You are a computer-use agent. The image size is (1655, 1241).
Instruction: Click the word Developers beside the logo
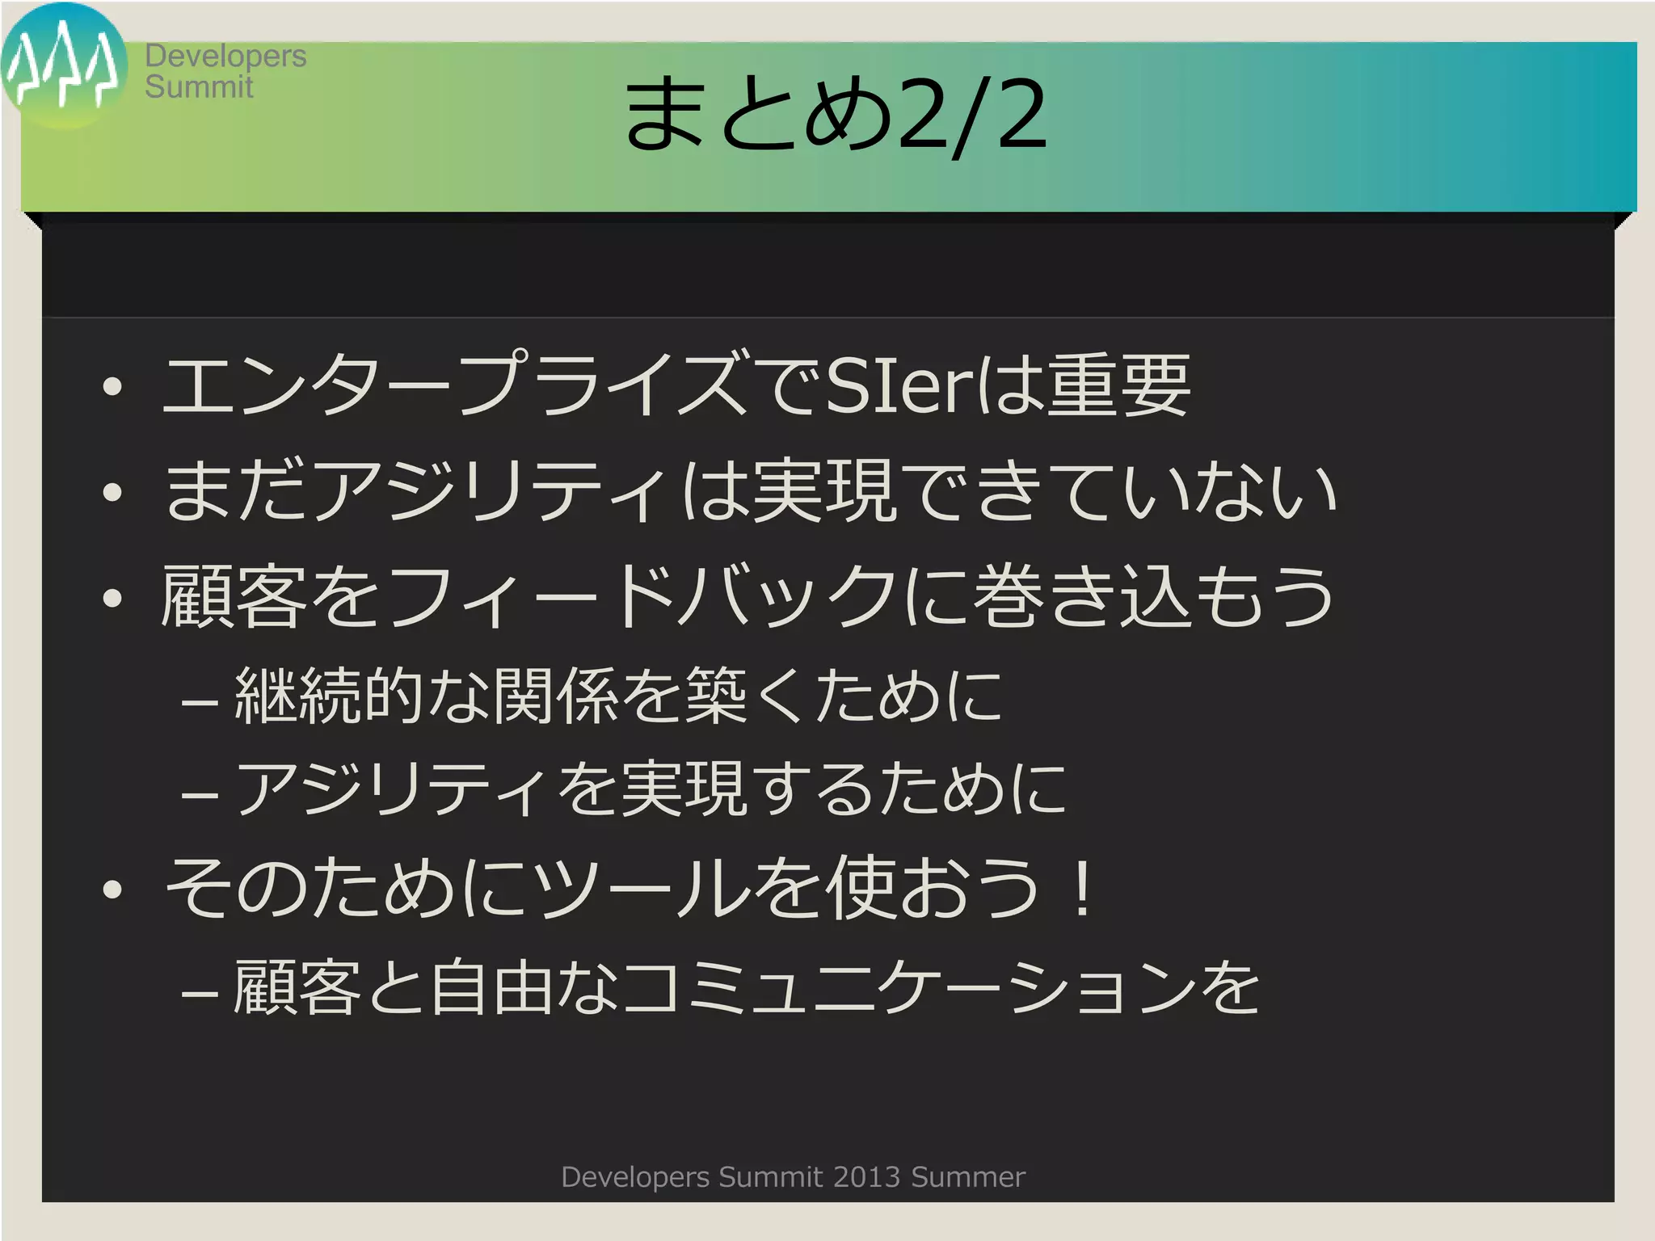[x=225, y=57]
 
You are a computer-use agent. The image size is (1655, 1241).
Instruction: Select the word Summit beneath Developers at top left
[x=199, y=87]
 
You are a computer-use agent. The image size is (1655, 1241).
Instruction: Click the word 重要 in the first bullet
[x=1118, y=385]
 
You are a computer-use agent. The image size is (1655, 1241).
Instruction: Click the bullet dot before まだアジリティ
[x=112, y=492]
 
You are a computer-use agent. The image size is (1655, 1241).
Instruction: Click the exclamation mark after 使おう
[x=1081, y=887]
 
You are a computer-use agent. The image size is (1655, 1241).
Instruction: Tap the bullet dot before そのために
[x=112, y=890]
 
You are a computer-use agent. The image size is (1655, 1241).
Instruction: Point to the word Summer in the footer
[x=968, y=1177]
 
